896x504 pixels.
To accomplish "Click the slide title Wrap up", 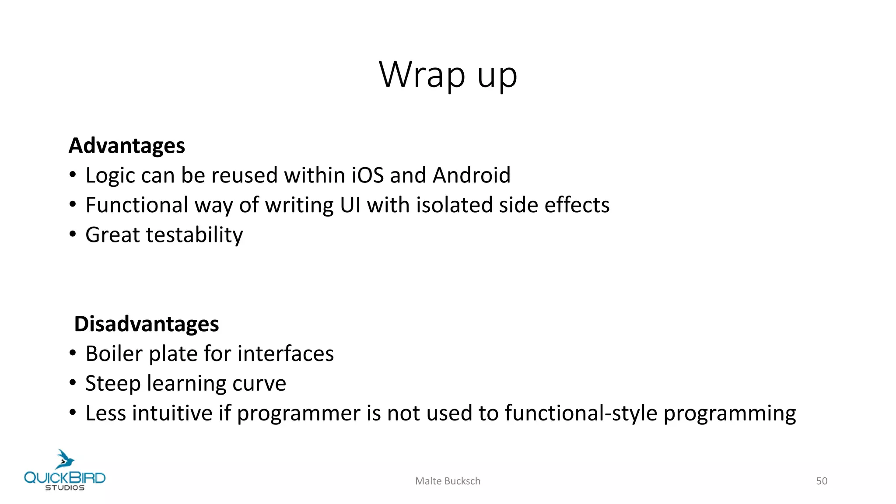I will click(x=448, y=75).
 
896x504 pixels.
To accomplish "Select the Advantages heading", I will click(x=127, y=146).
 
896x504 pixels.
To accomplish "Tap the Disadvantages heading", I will click(x=147, y=324).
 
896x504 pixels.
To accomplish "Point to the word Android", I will click(x=471, y=175).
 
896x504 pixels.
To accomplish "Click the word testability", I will click(x=194, y=235).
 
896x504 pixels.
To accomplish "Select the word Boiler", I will click(x=114, y=353).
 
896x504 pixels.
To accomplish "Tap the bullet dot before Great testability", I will click(x=73, y=234).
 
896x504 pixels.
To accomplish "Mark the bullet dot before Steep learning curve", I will click(x=73, y=383).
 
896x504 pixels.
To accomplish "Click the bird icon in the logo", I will click(x=65, y=459).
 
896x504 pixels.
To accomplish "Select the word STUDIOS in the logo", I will click(x=65, y=487).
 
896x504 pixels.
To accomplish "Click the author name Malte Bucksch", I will click(x=448, y=481).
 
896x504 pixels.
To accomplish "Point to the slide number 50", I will click(x=822, y=481).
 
